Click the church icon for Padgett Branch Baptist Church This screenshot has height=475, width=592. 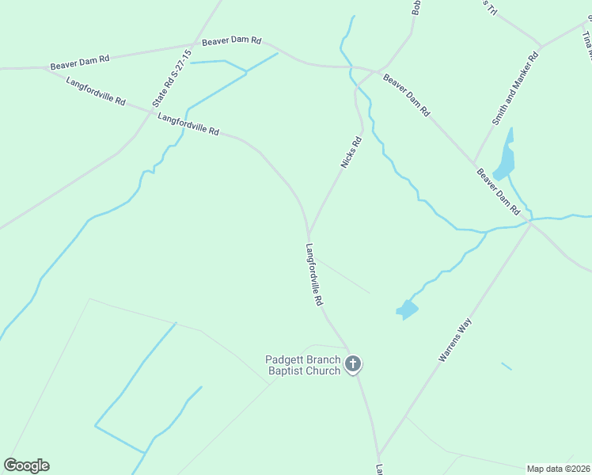(x=353, y=364)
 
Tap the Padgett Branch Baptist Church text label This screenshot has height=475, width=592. (x=302, y=365)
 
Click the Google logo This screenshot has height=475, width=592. (x=26, y=465)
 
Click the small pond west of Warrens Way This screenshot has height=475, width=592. (x=406, y=310)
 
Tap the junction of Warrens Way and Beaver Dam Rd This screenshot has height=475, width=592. (x=531, y=223)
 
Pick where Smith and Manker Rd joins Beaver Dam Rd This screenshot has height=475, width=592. (x=473, y=163)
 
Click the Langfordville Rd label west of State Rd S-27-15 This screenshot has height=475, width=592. (x=96, y=91)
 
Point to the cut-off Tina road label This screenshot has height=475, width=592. (x=586, y=44)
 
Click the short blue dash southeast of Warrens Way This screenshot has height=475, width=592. (x=507, y=366)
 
